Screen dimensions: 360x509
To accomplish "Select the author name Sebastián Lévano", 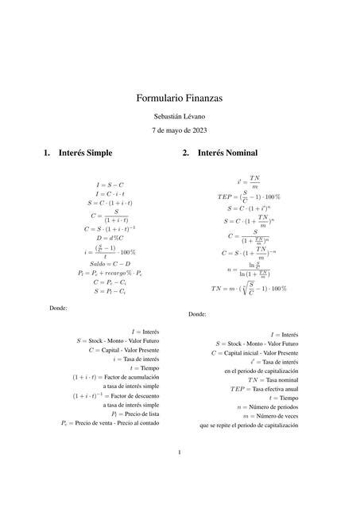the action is (180, 117).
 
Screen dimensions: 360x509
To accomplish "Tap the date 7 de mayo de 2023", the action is (180, 131).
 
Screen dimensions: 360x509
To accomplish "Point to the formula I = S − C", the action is (110, 185).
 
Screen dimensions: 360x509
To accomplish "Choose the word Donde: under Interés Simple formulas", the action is (58, 308).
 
